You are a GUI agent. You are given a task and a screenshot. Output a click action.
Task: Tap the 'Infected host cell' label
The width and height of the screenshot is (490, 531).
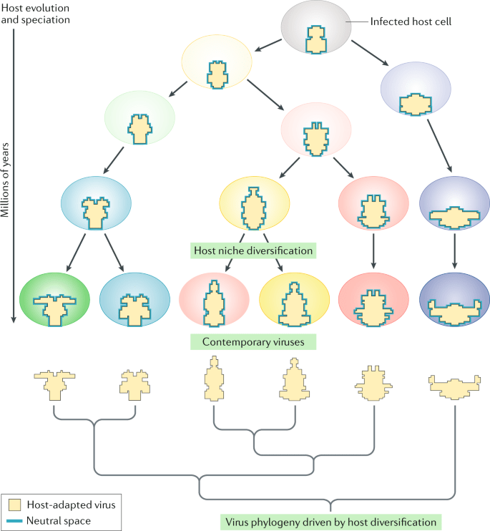(411, 21)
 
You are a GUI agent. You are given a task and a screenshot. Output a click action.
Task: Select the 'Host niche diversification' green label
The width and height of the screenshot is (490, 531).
(254, 251)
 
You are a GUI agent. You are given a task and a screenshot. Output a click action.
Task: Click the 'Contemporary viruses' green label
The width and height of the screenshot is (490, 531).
(254, 342)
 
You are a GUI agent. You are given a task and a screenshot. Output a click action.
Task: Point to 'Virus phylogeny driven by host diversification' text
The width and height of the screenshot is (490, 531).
(329, 521)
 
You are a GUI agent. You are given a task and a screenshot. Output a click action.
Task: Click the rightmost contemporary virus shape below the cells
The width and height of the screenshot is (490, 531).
(455, 387)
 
